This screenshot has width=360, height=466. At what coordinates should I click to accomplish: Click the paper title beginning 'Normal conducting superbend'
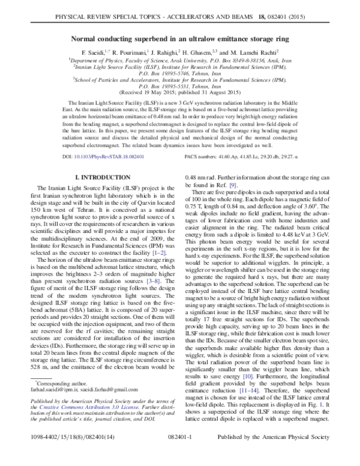pyautogui.click(x=180, y=37)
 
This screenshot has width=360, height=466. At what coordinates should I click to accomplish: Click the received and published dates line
pyautogui.click(x=180, y=94)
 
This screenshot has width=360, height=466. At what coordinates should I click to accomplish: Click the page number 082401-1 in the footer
pyautogui.click(x=180, y=456)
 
